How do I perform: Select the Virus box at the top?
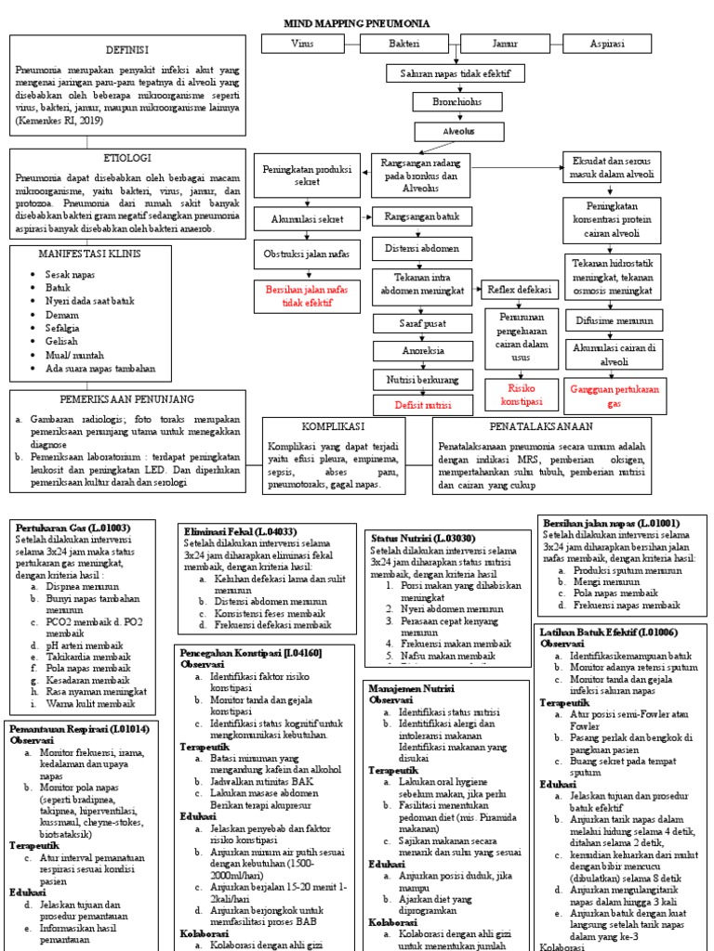(x=302, y=45)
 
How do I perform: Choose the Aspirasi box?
(x=607, y=45)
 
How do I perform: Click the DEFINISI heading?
(x=126, y=48)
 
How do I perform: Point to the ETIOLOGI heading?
(x=127, y=158)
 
